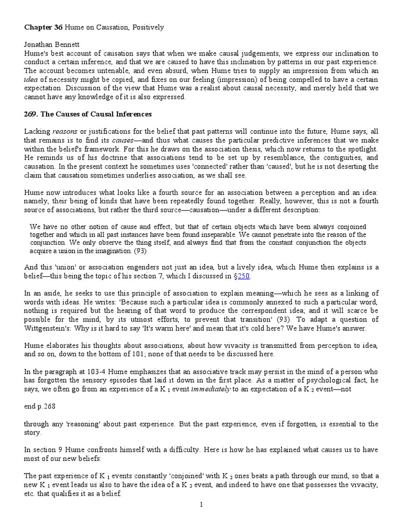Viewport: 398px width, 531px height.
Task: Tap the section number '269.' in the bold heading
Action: [x=32, y=114]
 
